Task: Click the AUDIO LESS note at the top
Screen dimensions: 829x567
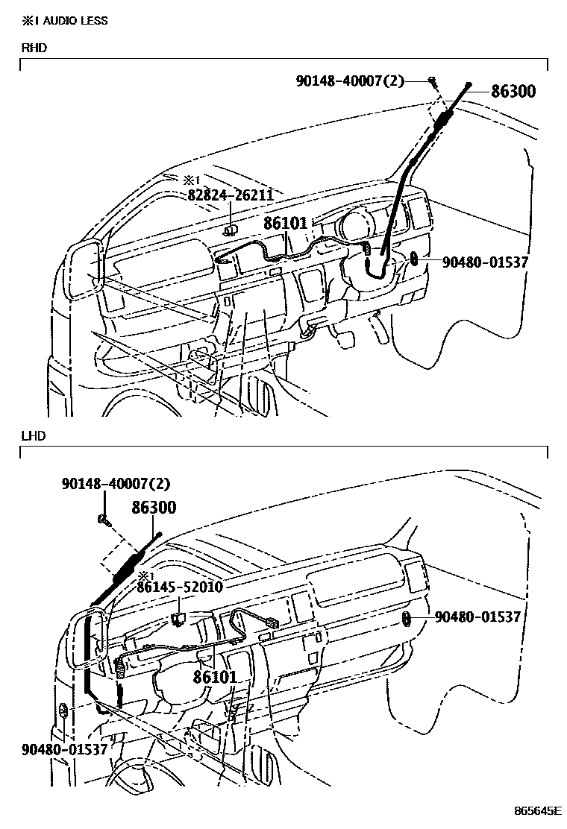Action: coord(64,20)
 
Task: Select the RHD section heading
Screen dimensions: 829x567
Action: coord(34,48)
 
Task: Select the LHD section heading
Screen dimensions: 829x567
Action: coord(34,435)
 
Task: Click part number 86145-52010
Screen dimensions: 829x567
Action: coord(179,587)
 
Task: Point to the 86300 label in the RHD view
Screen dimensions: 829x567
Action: coord(513,92)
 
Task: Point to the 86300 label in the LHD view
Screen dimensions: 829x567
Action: coord(154,508)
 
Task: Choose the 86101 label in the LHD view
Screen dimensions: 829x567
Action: coord(215,677)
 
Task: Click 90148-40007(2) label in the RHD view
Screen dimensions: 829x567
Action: coord(349,80)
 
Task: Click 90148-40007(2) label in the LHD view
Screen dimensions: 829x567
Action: coord(116,484)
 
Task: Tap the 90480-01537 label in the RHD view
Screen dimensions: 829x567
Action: coord(485,262)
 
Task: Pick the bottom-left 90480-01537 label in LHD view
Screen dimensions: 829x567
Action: coord(65,748)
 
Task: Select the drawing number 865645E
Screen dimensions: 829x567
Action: coord(536,810)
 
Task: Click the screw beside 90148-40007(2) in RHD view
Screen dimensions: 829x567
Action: coord(432,81)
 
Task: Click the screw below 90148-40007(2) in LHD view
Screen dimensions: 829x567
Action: coord(105,520)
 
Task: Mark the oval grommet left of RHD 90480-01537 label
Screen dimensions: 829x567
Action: coord(414,260)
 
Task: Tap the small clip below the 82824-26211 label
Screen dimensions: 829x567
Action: coord(231,230)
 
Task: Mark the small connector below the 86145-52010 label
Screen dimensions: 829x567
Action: coord(179,617)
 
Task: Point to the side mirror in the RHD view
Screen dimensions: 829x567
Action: coord(84,270)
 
